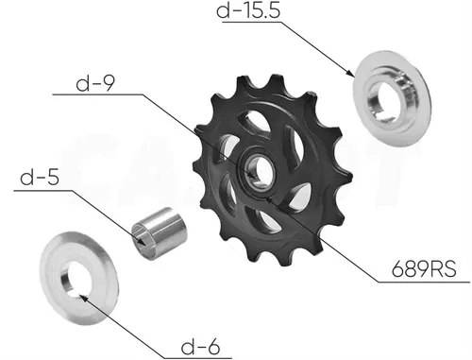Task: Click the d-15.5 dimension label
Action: [248, 10]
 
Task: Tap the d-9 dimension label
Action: [95, 83]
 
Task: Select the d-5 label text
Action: [40, 178]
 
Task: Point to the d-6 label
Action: [200, 347]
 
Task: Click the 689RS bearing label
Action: [424, 269]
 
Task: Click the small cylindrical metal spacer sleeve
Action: [160, 233]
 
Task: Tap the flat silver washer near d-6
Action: [79, 278]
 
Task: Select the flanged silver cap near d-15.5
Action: [392, 98]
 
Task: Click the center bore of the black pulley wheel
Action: [261, 172]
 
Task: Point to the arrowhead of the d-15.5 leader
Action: [352, 74]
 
